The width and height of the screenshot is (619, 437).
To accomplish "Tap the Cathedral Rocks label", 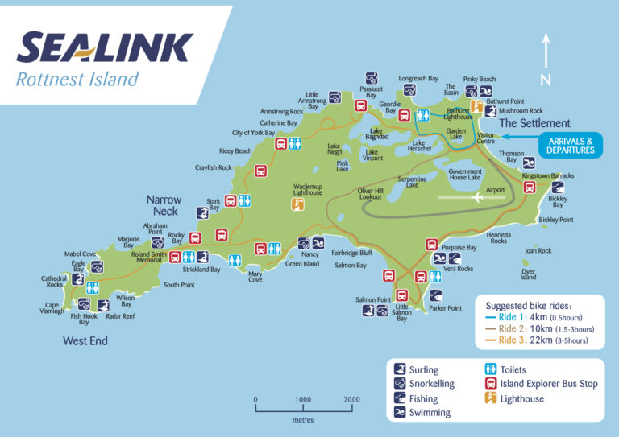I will (x=55, y=281).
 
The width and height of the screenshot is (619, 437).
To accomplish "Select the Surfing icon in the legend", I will (x=401, y=369).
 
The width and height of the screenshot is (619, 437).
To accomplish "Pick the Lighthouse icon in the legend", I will (x=488, y=398).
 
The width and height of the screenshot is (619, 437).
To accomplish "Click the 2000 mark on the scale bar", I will (x=351, y=399).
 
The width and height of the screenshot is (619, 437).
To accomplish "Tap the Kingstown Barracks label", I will (x=548, y=175).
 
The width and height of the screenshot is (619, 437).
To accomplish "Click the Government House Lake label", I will (x=465, y=175).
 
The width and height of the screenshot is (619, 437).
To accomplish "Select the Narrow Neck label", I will (x=164, y=205).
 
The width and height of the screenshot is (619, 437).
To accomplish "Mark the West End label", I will (x=85, y=341).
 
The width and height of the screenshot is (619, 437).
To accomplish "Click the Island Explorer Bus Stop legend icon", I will (x=488, y=384).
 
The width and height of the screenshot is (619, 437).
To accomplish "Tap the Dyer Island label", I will (x=528, y=274).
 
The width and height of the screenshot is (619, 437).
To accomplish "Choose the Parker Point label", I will (x=445, y=308).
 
